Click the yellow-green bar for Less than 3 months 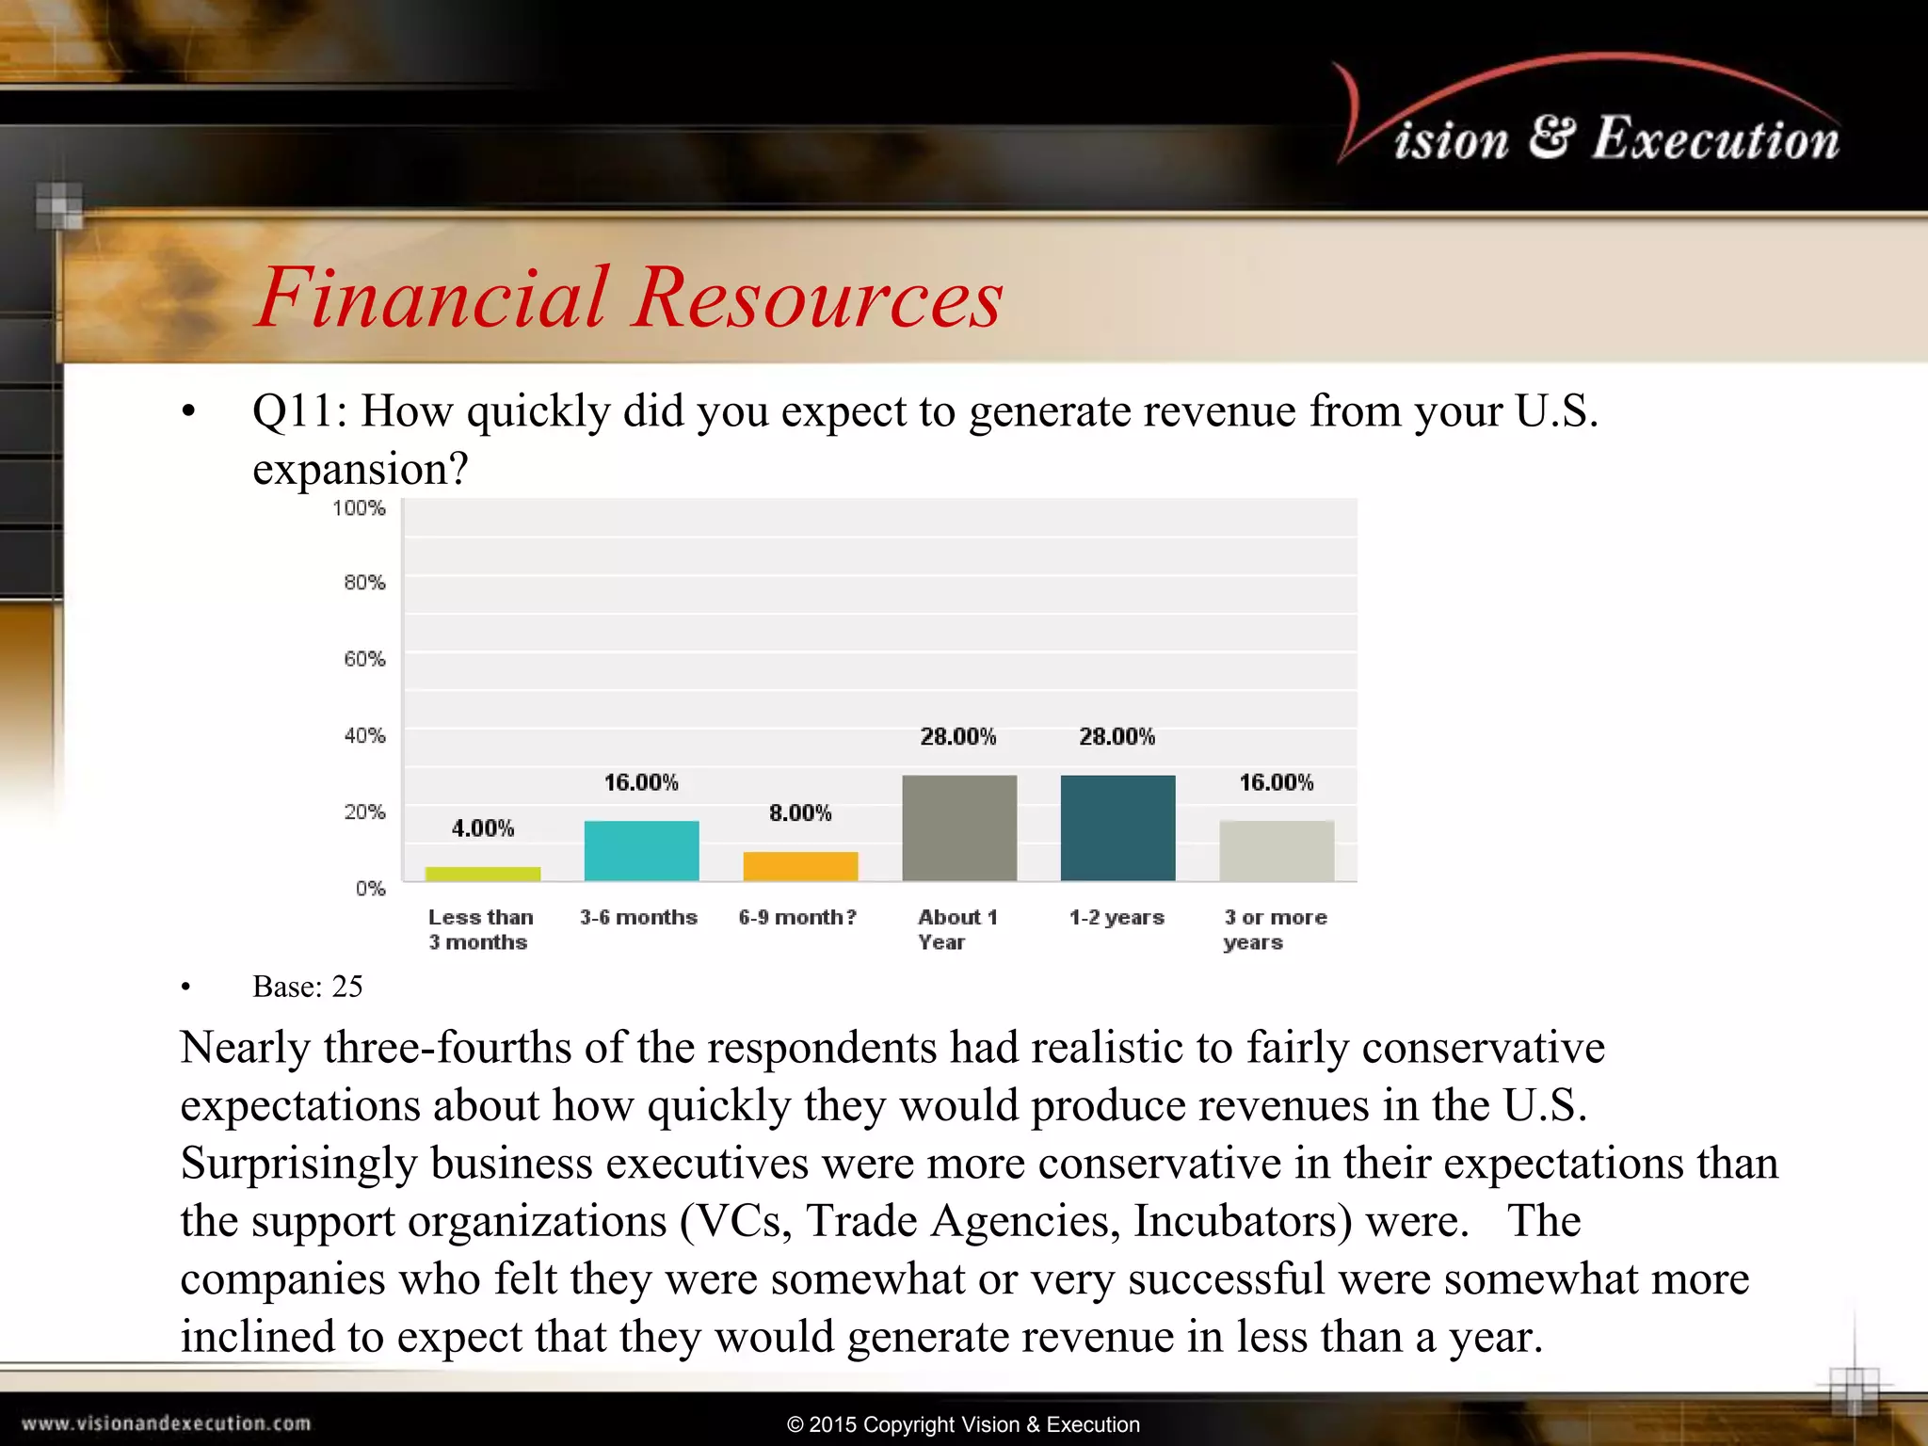pyautogui.click(x=483, y=874)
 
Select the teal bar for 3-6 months pyautogui.click(x=641, y=851)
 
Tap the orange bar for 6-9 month pyautogui.click(x=800, y=866)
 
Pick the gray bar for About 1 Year pyautogui.click(x=959, y=828)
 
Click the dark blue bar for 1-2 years pyautogui.click(x=1117, y=828)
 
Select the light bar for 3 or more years pyautogui.click(x=1277, y=851)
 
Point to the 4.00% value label pyautogui.click(x=483, y=828)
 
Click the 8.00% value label pyautogui.click(x=800, y=813)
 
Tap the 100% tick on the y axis pyautogui.click(x=360, y=508)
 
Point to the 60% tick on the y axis pyautogui.click(x=365, y=659)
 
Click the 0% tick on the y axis pyautogui.click(x=371, y=889)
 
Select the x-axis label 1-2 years pyautogui.click(x=1117, y=918)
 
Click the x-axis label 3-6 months pyautogui.click(x=638, y=918)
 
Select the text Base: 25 pyautogui.click(x=308, y=987)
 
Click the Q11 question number pyautogui.click(x=298, y=411)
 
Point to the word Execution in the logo pyautogui.click(x=1715, y=139)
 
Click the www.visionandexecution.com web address pyautogui.click(x=167, y=1423)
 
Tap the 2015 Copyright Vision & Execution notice pyautogui.click(x=964, y=1424)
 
